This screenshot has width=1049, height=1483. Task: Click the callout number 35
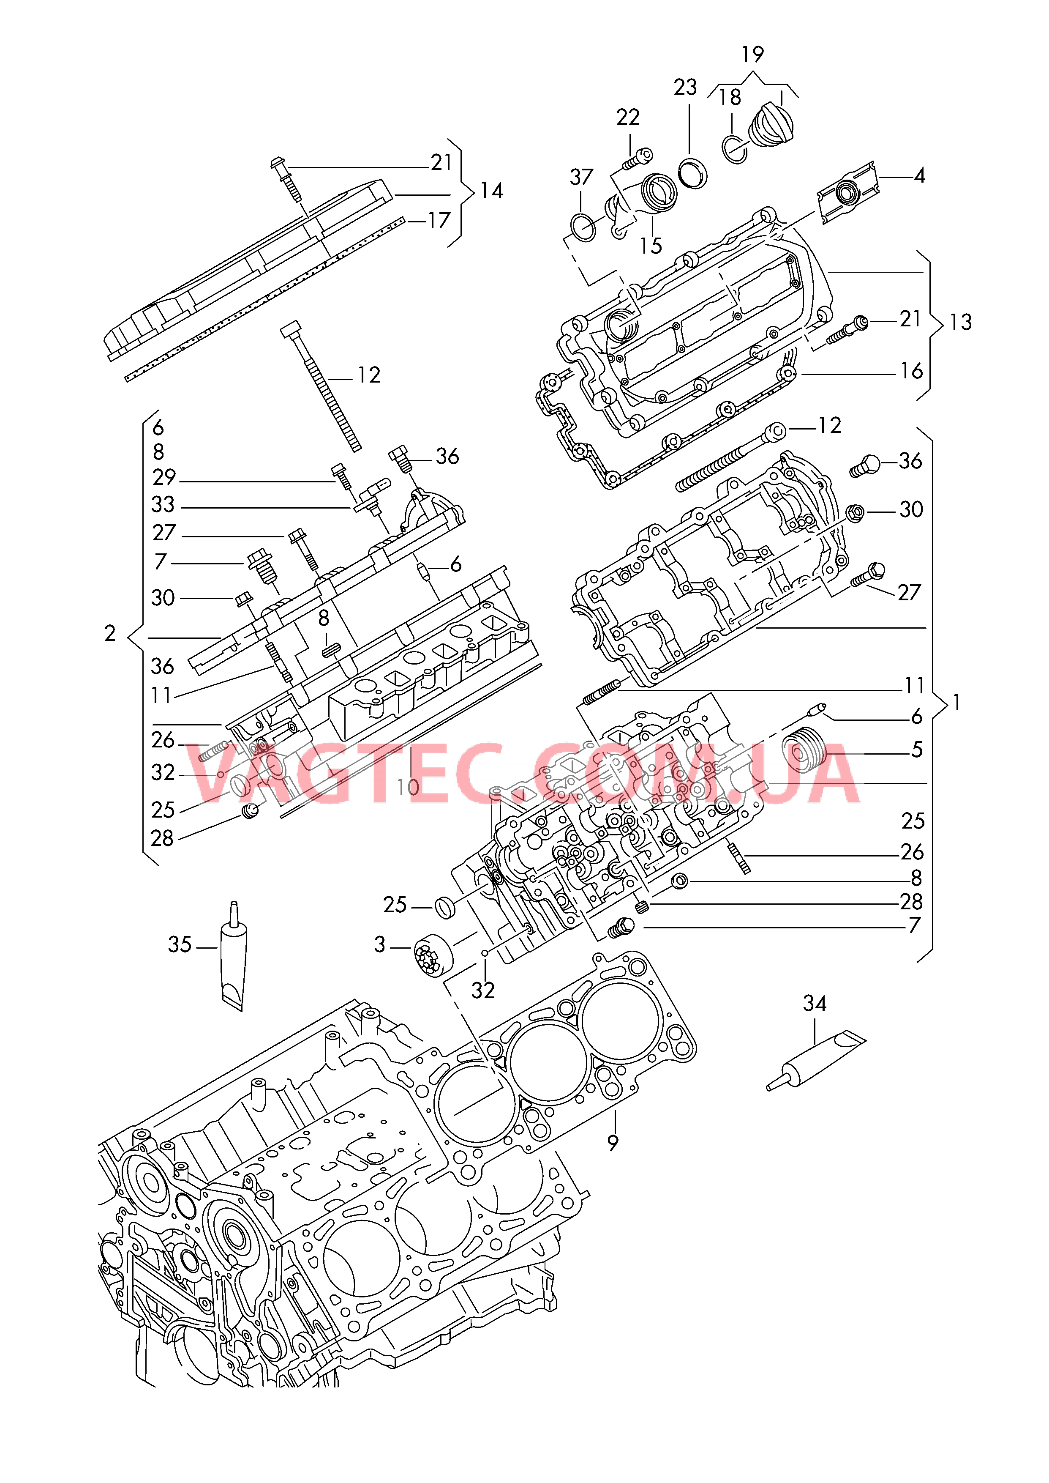(180, 945)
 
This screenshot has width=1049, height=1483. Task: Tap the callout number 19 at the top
(752, 54)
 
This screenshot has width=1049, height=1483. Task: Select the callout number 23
(685, 87)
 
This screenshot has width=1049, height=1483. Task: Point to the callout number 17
(439, 221)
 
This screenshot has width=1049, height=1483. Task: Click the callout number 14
(492, 191)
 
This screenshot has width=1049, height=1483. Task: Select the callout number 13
(961, 322)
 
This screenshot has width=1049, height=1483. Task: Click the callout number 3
(380, 945)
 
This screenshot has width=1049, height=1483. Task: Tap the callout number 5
(917, 750)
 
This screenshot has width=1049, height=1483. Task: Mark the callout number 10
(408, 787)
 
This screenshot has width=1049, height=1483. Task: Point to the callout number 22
(628, 118)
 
